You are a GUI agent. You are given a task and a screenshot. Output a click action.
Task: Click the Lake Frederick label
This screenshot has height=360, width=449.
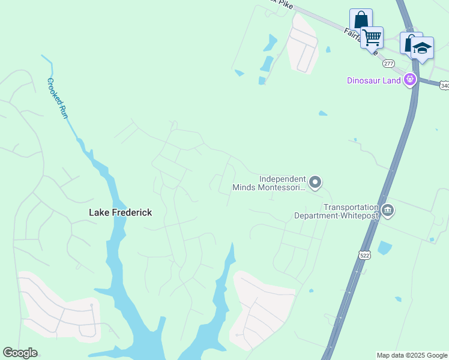point(120,212)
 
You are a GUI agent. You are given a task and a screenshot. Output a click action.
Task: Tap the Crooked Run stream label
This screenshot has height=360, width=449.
point(58,98)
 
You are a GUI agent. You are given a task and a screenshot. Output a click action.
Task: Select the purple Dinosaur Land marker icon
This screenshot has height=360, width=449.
point(411,79)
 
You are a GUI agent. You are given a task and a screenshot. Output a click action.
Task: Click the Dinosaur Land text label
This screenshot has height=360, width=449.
point(373,81)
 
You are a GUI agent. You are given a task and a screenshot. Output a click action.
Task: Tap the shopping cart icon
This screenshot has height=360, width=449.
point(372,38)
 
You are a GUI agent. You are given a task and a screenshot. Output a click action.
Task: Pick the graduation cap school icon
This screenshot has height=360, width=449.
point(423,48)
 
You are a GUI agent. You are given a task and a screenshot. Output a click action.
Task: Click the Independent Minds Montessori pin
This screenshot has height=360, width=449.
point(316,182)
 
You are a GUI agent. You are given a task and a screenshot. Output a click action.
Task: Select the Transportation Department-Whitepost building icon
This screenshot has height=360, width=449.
point(388,211)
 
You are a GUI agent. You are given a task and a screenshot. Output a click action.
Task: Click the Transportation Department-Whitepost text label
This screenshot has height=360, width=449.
point(336,211)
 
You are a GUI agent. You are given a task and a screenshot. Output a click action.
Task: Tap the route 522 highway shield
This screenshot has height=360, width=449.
point(364,255)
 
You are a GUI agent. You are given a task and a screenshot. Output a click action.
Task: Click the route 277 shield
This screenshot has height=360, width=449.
point(390,64)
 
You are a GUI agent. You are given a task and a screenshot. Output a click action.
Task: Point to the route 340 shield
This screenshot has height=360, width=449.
point(444,86)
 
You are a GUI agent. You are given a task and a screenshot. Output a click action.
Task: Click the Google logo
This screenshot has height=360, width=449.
point(20,353)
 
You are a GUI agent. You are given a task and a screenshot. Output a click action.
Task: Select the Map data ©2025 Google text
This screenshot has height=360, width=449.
point(412,355)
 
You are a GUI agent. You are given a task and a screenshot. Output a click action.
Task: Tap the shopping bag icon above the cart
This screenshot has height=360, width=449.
point(361,19)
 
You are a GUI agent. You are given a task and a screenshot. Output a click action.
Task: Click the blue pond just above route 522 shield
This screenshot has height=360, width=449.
point(385,247)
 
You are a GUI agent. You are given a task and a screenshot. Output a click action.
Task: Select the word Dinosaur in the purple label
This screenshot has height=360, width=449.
point(364,81)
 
